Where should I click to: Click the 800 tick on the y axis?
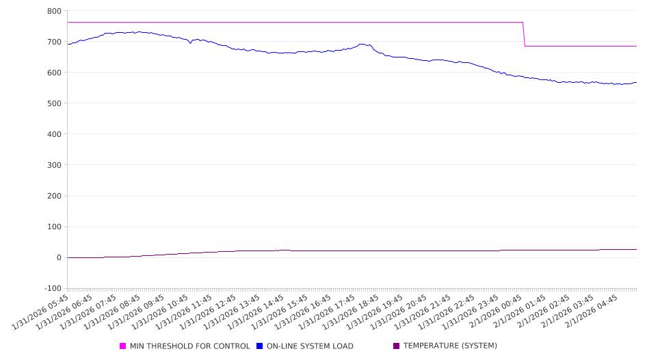(x=54, y=11)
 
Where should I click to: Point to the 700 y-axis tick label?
(x=54, y=42)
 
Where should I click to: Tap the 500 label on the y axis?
(x=54, y=103)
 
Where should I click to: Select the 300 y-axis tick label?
(x=54, y=165)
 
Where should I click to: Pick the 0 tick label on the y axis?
(x=59, y=257)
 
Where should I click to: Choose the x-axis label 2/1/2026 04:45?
(x=594, y=312)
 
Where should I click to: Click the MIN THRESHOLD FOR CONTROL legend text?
(x=189, y=346)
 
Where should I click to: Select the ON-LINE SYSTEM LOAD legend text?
(x=310, y=346)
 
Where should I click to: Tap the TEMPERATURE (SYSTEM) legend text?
(x=450, y=346)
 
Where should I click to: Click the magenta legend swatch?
(x=123, y=346)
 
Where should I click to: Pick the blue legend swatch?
(x=260, y=346)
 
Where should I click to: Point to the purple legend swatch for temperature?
(x=396, y=346)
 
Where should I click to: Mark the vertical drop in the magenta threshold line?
(x=524, y=34)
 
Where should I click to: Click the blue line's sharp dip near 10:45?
(x=190, y=43)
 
